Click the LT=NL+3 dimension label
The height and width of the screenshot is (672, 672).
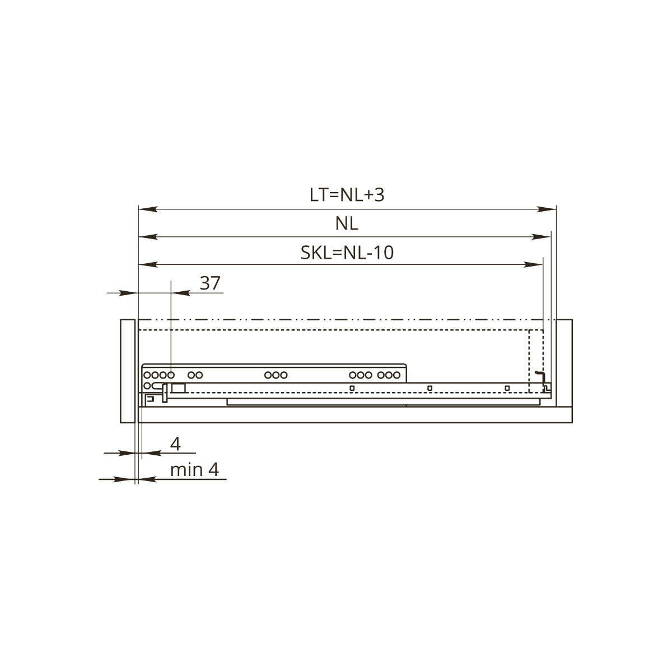(347, 194)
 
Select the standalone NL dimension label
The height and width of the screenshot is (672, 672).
(347, 223)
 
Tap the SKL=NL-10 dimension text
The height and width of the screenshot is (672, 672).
(347, 253)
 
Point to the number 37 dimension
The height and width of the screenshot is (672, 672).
(210, 283)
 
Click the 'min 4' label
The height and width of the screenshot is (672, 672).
(194, 470)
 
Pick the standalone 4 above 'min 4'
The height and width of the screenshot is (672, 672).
(175, 444)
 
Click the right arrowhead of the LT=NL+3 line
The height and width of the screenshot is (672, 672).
(547, 209)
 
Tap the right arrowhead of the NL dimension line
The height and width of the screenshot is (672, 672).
(541, 237)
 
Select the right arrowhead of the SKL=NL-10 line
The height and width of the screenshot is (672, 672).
(533, 265)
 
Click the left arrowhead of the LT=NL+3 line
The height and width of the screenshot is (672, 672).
(148, 209)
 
